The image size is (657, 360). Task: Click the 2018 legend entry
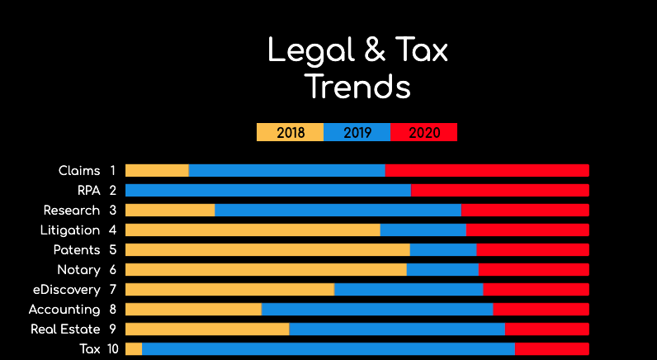click(x=290, y=132)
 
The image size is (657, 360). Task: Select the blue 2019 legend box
click(x=357, y=132)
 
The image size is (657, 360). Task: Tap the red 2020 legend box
click(x=423, y=132)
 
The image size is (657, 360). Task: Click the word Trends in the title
click(x=357, y=86)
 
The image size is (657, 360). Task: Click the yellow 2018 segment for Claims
click(x=157, y=171)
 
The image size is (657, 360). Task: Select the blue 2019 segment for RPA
click(x=267, y=191)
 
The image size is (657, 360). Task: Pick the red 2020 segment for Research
click(x=525, y=211)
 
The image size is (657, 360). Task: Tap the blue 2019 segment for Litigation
click(x=423, y=230)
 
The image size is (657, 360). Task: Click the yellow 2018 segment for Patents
click(x=267, y=250)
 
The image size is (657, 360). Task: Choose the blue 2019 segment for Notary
click(x=442, y=270)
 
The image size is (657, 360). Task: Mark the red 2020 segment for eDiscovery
click(x=536, y=290)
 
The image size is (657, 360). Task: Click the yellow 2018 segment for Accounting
click(x=193, y=310)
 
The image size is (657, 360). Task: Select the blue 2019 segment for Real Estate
click(x=397, y=329)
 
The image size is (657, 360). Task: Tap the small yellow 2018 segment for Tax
click(x=134, y=349)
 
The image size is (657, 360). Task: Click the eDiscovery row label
click(x=65, y=290)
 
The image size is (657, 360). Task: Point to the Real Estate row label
click(x=65, y=329)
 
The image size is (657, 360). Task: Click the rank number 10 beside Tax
click(x=113, y=349)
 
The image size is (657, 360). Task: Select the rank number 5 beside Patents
click(x=113, y=250)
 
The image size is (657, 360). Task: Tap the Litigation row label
click(x=69, y=230)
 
